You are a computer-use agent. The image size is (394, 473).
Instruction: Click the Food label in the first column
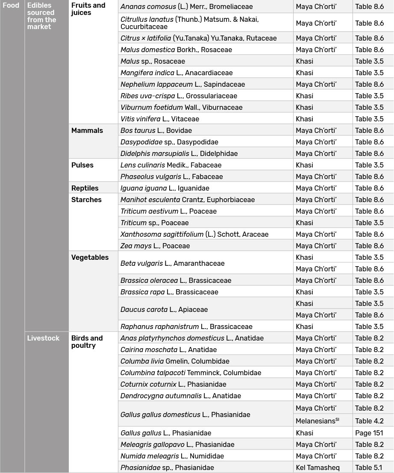[11, 6]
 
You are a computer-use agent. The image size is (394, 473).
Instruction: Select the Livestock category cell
[43, 338]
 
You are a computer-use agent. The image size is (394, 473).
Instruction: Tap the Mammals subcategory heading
[87, 130]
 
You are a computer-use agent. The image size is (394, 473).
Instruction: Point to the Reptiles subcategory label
[85, 188]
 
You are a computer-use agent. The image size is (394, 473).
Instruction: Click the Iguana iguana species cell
[165, 188]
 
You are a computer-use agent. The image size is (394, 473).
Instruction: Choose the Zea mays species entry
[155, 246]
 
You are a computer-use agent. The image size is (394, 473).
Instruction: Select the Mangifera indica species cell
[176, 73]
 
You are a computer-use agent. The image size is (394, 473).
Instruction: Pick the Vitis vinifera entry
[160, 119]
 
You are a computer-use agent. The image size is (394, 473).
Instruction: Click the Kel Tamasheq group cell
[318, 467]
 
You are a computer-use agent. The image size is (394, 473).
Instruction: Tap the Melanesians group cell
[318, 421]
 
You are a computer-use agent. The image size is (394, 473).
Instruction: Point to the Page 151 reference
[369, 433]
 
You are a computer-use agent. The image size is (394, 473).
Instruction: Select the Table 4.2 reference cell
[369, 421]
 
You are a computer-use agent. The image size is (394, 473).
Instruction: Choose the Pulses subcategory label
[82, 165]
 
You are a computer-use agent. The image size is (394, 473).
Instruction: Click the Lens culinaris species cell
[171, 165]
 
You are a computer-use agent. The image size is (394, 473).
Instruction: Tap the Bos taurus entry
[156, 130]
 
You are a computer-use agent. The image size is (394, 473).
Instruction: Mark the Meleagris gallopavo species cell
[177, 444]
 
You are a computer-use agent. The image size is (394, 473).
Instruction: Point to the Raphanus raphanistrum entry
[186, 326]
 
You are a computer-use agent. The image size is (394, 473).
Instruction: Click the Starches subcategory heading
[86, 200]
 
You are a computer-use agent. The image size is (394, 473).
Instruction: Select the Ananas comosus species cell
[186, 7]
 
